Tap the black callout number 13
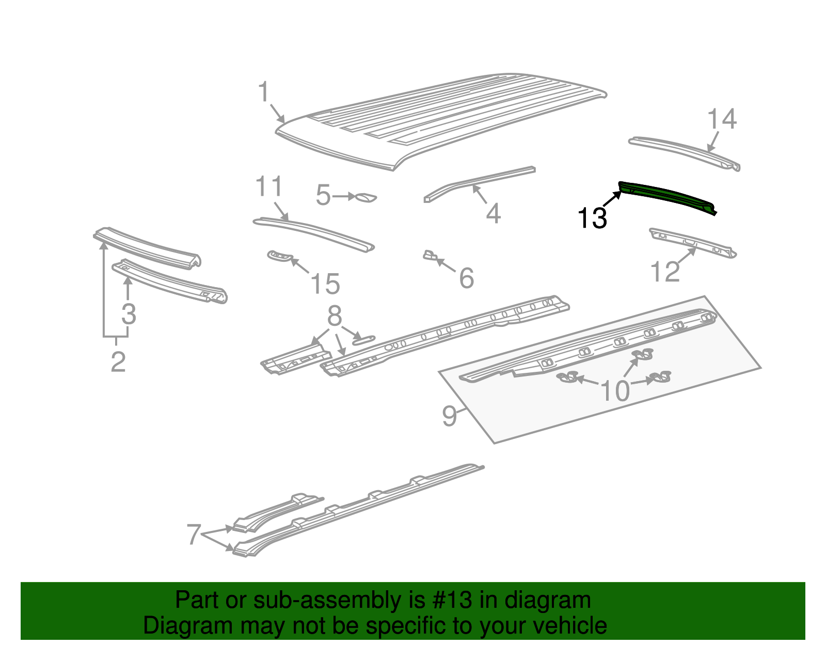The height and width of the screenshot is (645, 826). [592, 218]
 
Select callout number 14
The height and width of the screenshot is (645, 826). [721, 119]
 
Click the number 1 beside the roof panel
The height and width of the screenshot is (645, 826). [264, 92]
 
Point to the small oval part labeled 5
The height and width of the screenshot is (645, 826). [367, 197]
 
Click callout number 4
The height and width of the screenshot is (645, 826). [493, 213]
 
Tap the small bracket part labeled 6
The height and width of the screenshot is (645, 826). [430, 255]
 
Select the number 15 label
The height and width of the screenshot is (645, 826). [325, 284]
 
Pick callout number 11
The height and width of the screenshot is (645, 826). [269, 186]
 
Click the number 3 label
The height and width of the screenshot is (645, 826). [129, 314]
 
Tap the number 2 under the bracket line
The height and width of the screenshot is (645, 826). [118, 361]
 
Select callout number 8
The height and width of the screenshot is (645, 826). [335, 316]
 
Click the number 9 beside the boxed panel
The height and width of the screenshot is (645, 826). [449, 416]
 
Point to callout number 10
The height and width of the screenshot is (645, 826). [615, 391]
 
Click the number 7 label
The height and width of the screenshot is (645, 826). [193, 534]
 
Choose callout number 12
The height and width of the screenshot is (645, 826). [665, 272]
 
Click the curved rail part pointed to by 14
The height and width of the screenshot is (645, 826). [681, 150]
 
